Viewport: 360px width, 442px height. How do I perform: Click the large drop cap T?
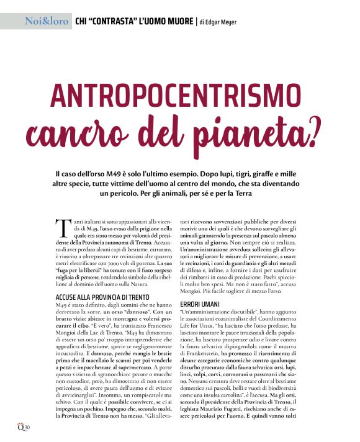click(61, 227)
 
